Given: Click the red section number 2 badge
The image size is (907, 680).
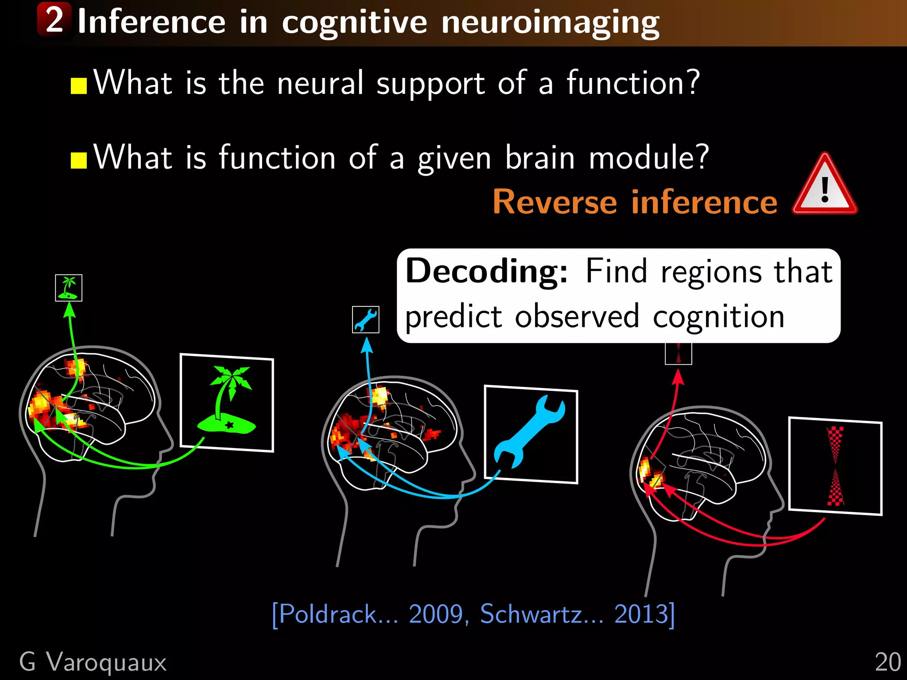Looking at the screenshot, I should click(54, 19).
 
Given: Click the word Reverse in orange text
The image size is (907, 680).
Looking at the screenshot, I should click(554, 202).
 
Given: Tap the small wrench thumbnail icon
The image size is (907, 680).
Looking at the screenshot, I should click(366, 319).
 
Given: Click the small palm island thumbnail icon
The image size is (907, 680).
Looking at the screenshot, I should click(69, 288).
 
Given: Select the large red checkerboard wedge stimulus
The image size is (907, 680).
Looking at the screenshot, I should click(835, 466).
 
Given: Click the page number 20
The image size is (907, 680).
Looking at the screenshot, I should click(888, 662).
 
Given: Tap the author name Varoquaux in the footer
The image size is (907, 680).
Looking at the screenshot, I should click(106, 662).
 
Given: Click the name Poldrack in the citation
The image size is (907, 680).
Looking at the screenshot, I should click(328, 614).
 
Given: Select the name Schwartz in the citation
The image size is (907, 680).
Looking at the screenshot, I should click(531, 614).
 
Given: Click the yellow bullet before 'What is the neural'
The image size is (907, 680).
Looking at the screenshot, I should click(78, 86).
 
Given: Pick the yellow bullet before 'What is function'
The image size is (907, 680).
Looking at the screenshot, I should click(78, 161).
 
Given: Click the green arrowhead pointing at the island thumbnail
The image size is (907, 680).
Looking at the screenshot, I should click(69, 310).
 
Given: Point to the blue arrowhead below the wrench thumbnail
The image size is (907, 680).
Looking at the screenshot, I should click(367, 345).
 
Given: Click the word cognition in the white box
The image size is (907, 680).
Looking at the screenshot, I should click(718, 317).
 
